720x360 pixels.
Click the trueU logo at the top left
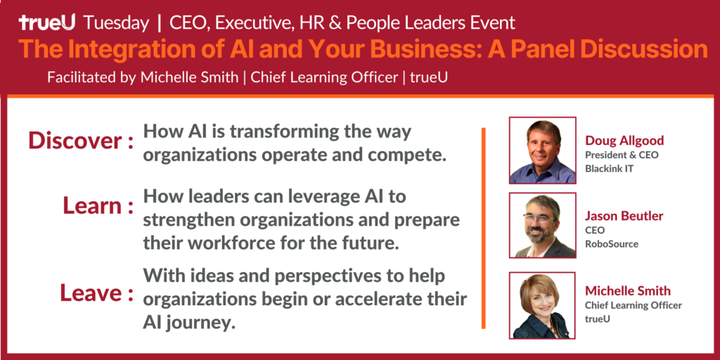click(x=47, y=23)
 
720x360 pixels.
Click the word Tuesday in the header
click(x=117, y=23)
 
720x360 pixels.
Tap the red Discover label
click(x=81, y=141)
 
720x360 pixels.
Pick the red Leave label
click(x=97, y=293)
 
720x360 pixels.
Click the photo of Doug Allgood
click(x=542, y=150)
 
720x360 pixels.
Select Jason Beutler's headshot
click(x=542, y=225)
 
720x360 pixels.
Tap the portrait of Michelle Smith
click(x=542, y=305)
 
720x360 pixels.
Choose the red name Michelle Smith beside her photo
click(x=628, y=290)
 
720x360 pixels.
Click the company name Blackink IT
click(x=609, y=169)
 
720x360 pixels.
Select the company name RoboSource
click(x=612, y=244)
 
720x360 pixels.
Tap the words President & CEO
click(x=622, y=155)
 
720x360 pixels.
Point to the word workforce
click(x=219, y=243)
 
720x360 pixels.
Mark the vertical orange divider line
click(x=484, y=229)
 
